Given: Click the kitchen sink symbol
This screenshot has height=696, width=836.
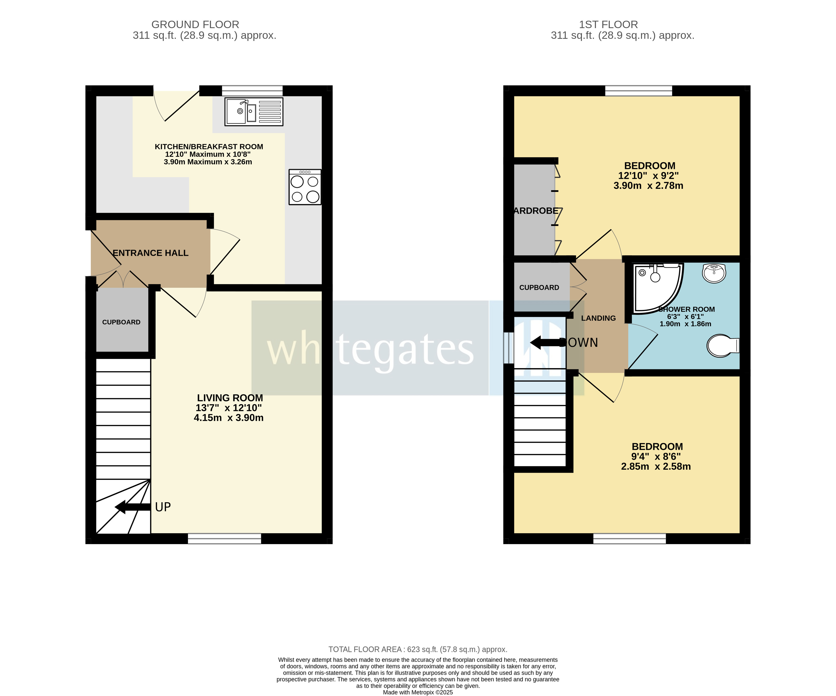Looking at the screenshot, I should click(254, 112).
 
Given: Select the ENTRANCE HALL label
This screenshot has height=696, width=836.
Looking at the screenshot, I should click(150, 253).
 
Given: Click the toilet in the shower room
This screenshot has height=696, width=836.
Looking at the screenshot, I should click(722, 345).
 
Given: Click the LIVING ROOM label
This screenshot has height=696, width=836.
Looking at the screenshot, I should click(230, 398).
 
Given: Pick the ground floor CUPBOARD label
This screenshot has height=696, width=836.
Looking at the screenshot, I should click(121, 322).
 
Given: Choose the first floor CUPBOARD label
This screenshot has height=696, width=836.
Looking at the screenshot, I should click(539, 288).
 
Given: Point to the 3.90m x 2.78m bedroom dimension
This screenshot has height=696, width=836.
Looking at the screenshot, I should click(648, 186).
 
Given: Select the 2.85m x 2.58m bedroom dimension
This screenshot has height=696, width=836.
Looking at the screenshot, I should click(656, 466).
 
